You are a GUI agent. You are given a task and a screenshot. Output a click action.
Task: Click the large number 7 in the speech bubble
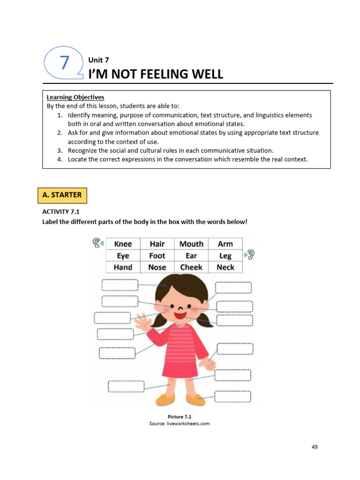pyautogui.click(x=65, y=63)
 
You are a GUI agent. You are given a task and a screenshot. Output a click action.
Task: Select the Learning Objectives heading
pyautogui.click(x=75, y=97)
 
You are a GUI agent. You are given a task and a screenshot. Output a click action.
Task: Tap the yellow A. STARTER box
pyautogui.click(x=62, y=195)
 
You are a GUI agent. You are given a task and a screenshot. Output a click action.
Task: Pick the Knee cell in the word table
pyautogui.click(x=123, y=244)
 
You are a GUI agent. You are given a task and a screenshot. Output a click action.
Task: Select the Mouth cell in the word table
pyautogui.click(x=191, y=244)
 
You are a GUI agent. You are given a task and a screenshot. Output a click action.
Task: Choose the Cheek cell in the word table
pyautogui.click(x=191, y=267)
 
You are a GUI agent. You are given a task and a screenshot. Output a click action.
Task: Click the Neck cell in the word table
pyautogui.click(x=225, y=267)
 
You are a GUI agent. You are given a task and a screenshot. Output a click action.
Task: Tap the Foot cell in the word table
pyautogui.click(x=157, y=255)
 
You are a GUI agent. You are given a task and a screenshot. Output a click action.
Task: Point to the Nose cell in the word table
pyautogui.click(x=157, y=267)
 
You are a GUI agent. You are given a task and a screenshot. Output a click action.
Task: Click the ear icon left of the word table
pyautogui.click(x=97, y=242)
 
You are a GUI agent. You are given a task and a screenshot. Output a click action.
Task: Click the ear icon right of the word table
pyautogui.click(x=250, y=255)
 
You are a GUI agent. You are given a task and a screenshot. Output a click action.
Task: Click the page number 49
pyautogui.click(x=314, y=447)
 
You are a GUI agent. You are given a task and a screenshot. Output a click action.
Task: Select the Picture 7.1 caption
pyautogui.click(x=180, y=416)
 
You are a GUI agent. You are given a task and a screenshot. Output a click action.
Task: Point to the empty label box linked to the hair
pyautogui.click(x=120, y=285)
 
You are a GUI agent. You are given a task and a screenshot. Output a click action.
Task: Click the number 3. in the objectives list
pyautogui.click(x=60, y=150)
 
